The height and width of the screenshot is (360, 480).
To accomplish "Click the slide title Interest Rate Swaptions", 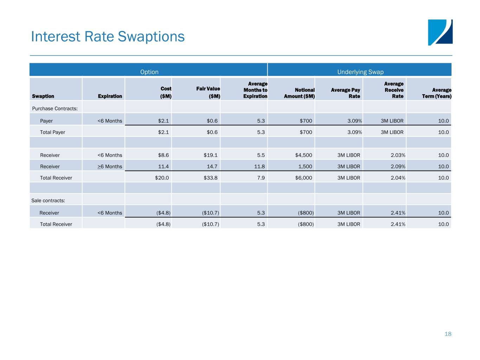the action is click(x=108, y=37).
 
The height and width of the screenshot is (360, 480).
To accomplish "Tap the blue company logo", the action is click(x=440, y=32).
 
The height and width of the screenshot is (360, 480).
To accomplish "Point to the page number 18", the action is click(x=448, y=334).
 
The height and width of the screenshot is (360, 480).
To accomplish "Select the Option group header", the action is click(x=149, y=72).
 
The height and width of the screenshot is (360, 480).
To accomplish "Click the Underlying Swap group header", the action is click(x=360, y=72).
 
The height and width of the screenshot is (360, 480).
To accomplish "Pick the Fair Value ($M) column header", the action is click(x=208, y=92).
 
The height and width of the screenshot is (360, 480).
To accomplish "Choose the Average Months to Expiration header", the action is click(x=255, y=90).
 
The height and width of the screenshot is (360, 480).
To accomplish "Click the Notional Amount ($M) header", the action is click(x=299, y=93).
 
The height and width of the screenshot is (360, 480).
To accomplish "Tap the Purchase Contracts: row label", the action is click(x=55, y=109).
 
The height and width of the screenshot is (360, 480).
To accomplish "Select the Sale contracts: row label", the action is click(x=48, y=200).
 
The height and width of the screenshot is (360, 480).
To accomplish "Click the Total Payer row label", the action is click(x=52, y=132).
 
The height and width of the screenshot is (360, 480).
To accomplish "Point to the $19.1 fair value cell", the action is click(x=211, y=155).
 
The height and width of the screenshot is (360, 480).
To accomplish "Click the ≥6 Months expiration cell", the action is click(x=110, y=167).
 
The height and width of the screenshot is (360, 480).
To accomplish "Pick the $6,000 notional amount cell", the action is click(x=303, y=178).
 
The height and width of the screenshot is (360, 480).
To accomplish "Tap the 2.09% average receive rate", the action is click(x=398, y=167).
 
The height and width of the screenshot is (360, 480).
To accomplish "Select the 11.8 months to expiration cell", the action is click(x=260, y=167).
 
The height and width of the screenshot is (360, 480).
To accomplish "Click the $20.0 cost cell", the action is click(x=162, y=178).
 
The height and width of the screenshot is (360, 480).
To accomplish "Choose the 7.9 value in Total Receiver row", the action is click(x=261, y=178).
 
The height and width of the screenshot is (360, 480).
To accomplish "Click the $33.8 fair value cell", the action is click(x=211, y=178).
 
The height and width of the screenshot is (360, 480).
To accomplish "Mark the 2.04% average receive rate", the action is click(x=398, y=178).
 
